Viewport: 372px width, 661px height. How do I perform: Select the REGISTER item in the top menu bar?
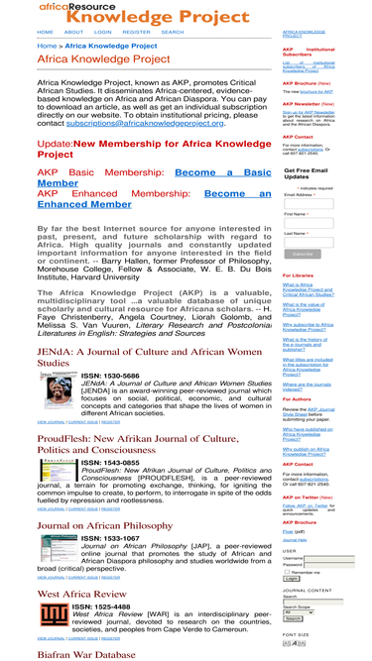[136, 32]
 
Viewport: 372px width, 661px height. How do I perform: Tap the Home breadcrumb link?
[47, 46]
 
